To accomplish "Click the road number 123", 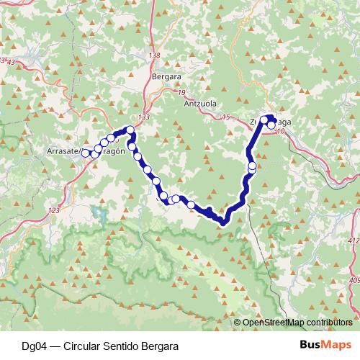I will (x=53, y=210).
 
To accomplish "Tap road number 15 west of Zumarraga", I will (x=228, y=117).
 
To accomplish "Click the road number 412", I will (x=354, y=240).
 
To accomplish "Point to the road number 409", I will (x=354, y=281).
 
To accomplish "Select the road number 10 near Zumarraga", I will (x=279, y=132).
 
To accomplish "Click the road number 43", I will (x=10, y=63).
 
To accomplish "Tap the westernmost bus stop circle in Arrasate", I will (x=86, y=153).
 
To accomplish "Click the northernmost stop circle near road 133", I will (x=130, y=130).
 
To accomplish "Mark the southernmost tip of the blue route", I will (x=223, y=222).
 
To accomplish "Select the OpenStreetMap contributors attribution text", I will (x=297, y=323).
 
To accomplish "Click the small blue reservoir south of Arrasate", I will (x=100, y=214).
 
